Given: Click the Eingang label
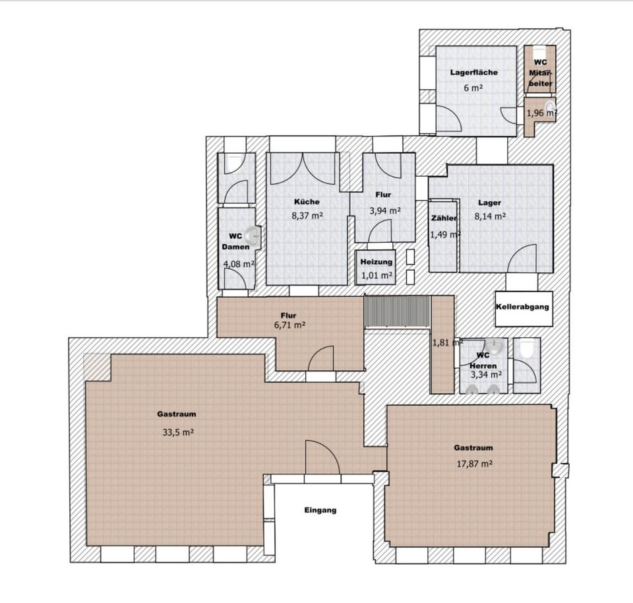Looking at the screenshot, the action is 320,510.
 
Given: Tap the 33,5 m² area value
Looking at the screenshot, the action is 178,432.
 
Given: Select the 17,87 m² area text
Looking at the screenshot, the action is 474,464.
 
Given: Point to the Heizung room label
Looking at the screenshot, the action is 377,262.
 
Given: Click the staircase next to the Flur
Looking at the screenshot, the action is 396,311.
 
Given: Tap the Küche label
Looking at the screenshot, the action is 307,201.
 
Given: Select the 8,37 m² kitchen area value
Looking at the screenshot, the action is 307,215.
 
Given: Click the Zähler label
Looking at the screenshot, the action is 444,218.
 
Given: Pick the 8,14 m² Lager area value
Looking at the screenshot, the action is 490,216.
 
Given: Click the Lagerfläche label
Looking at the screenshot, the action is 474,73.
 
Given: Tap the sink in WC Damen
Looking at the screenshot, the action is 255,234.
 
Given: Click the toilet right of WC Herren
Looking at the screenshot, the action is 526,349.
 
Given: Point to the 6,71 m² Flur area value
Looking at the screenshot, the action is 289,325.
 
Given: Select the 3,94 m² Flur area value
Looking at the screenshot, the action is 385,210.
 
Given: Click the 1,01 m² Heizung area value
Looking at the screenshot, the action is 377,276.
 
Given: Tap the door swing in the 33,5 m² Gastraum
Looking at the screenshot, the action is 322,457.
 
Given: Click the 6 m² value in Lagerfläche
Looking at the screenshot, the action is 473,88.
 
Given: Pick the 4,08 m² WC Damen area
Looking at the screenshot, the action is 239,264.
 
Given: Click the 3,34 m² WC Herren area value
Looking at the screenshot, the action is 486,375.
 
